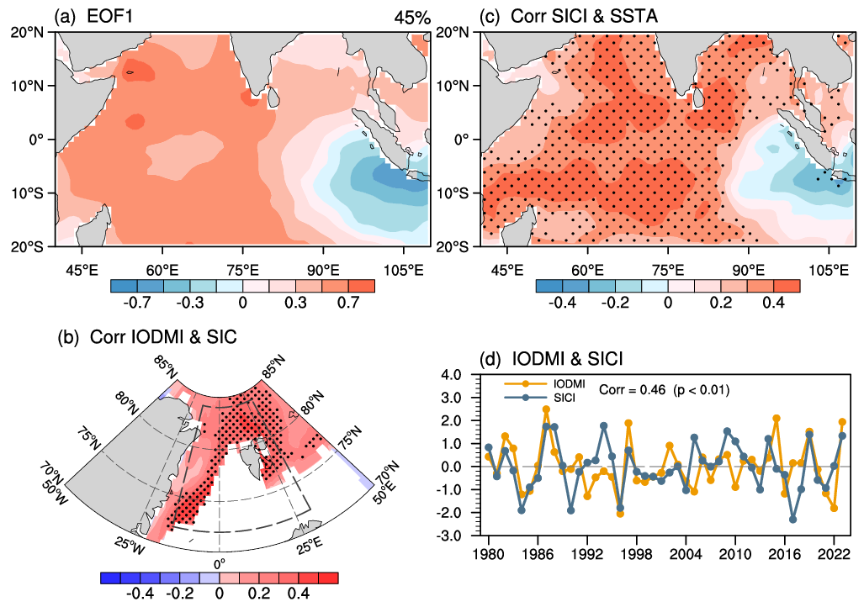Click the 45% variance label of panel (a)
click(411, 18)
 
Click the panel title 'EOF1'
click(109, 17)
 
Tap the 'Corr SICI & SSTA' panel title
click(584, 17)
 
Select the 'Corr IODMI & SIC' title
click(163, 336)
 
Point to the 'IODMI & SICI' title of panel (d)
click(568, 359)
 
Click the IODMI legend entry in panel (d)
click(545, 384)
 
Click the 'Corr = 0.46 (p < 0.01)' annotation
click(664, 390)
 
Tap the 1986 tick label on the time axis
click(538, 553)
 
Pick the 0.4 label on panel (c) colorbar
click(774, 303)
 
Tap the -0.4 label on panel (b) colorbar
click(140, 594)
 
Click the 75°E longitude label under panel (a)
click(243, 271)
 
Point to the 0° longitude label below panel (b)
click(220, 563)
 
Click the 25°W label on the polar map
click(130, 546)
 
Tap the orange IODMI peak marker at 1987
click(546, 409)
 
